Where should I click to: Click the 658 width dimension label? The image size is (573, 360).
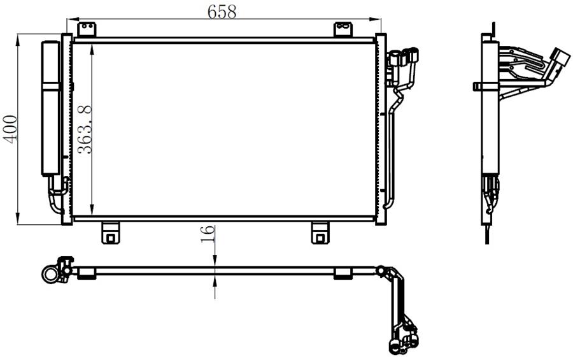[222, 11]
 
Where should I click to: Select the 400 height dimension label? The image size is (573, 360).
[10, 129]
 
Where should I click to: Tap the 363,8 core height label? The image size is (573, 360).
[85, 129]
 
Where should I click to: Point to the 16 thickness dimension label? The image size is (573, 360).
[207, 234]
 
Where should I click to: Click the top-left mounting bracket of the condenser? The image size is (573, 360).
[87, 29]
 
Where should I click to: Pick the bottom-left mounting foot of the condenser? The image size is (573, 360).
[110, 233]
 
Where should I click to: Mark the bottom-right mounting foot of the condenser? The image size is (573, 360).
[320, 233]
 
